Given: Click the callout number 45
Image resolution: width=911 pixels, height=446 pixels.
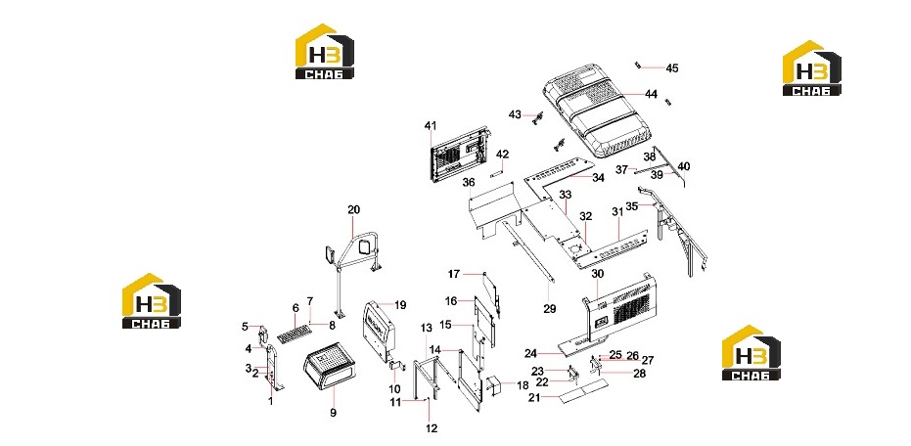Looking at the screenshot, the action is pyautogui.click(x=671, y=68).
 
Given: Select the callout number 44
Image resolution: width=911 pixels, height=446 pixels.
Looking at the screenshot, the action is pyautogui.click(x=651, y=94).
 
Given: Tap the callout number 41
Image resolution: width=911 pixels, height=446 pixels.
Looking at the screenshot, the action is pyautogui.click(x=431, y=125).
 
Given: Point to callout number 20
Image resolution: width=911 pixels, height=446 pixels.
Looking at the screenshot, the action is pyautogui.click(x=354, y=209).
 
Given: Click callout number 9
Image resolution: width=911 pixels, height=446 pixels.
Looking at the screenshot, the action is pyautogui.click(x=334, y=413).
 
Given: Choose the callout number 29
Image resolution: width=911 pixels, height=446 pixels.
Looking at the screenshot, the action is pyautogui.click(x=550, y=309).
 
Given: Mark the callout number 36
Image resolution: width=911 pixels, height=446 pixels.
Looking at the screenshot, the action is pyautogui.click(x=469, y=182).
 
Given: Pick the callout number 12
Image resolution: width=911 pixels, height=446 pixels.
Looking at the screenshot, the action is pyautogui.click(x=432, y=428).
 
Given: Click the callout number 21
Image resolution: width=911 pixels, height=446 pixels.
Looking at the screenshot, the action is pyautogui.click(x=534, y=398).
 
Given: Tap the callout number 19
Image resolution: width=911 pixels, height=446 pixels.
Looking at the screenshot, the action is pyautogui.click(x=400, y=305).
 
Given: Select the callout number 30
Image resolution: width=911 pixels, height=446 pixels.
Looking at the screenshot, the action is pyautogui.click(x=598, y=274).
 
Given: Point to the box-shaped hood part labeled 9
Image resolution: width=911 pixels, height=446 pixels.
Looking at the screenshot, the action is pyautogui.click(x=330, y=367).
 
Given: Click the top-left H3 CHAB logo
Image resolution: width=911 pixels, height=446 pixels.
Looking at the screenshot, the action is pyautogui.click(x=325, y=51).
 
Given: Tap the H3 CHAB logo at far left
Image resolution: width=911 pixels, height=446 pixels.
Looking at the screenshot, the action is pyautogui.click(x=151, y=301).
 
